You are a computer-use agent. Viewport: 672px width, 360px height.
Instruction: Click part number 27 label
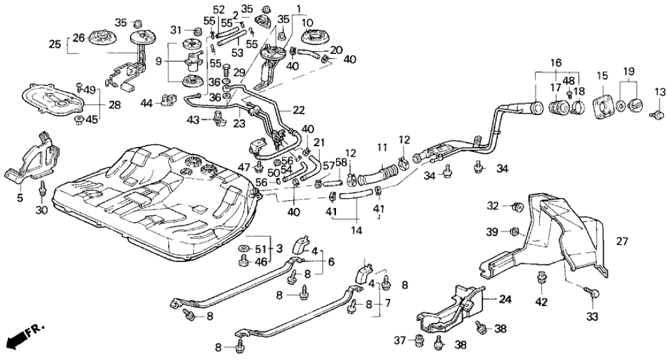pyautogui.click(x=622, y=241)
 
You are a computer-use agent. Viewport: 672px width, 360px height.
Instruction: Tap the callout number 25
pyautogui.click(x=57, y=44)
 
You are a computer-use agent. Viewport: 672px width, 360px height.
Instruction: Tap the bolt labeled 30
pyautogui.click(x=43, y=188)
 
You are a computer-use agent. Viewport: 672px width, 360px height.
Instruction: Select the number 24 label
pyautogui.click(x=507, y=300)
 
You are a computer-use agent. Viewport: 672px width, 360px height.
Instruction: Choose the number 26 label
pyautogui.click(x=78, y=38)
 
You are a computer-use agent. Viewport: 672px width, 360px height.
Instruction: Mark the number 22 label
pyautogui.click(x=298, y=110)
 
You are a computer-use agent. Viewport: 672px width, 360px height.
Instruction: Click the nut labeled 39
pyautogui.click(x=513, y=231)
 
